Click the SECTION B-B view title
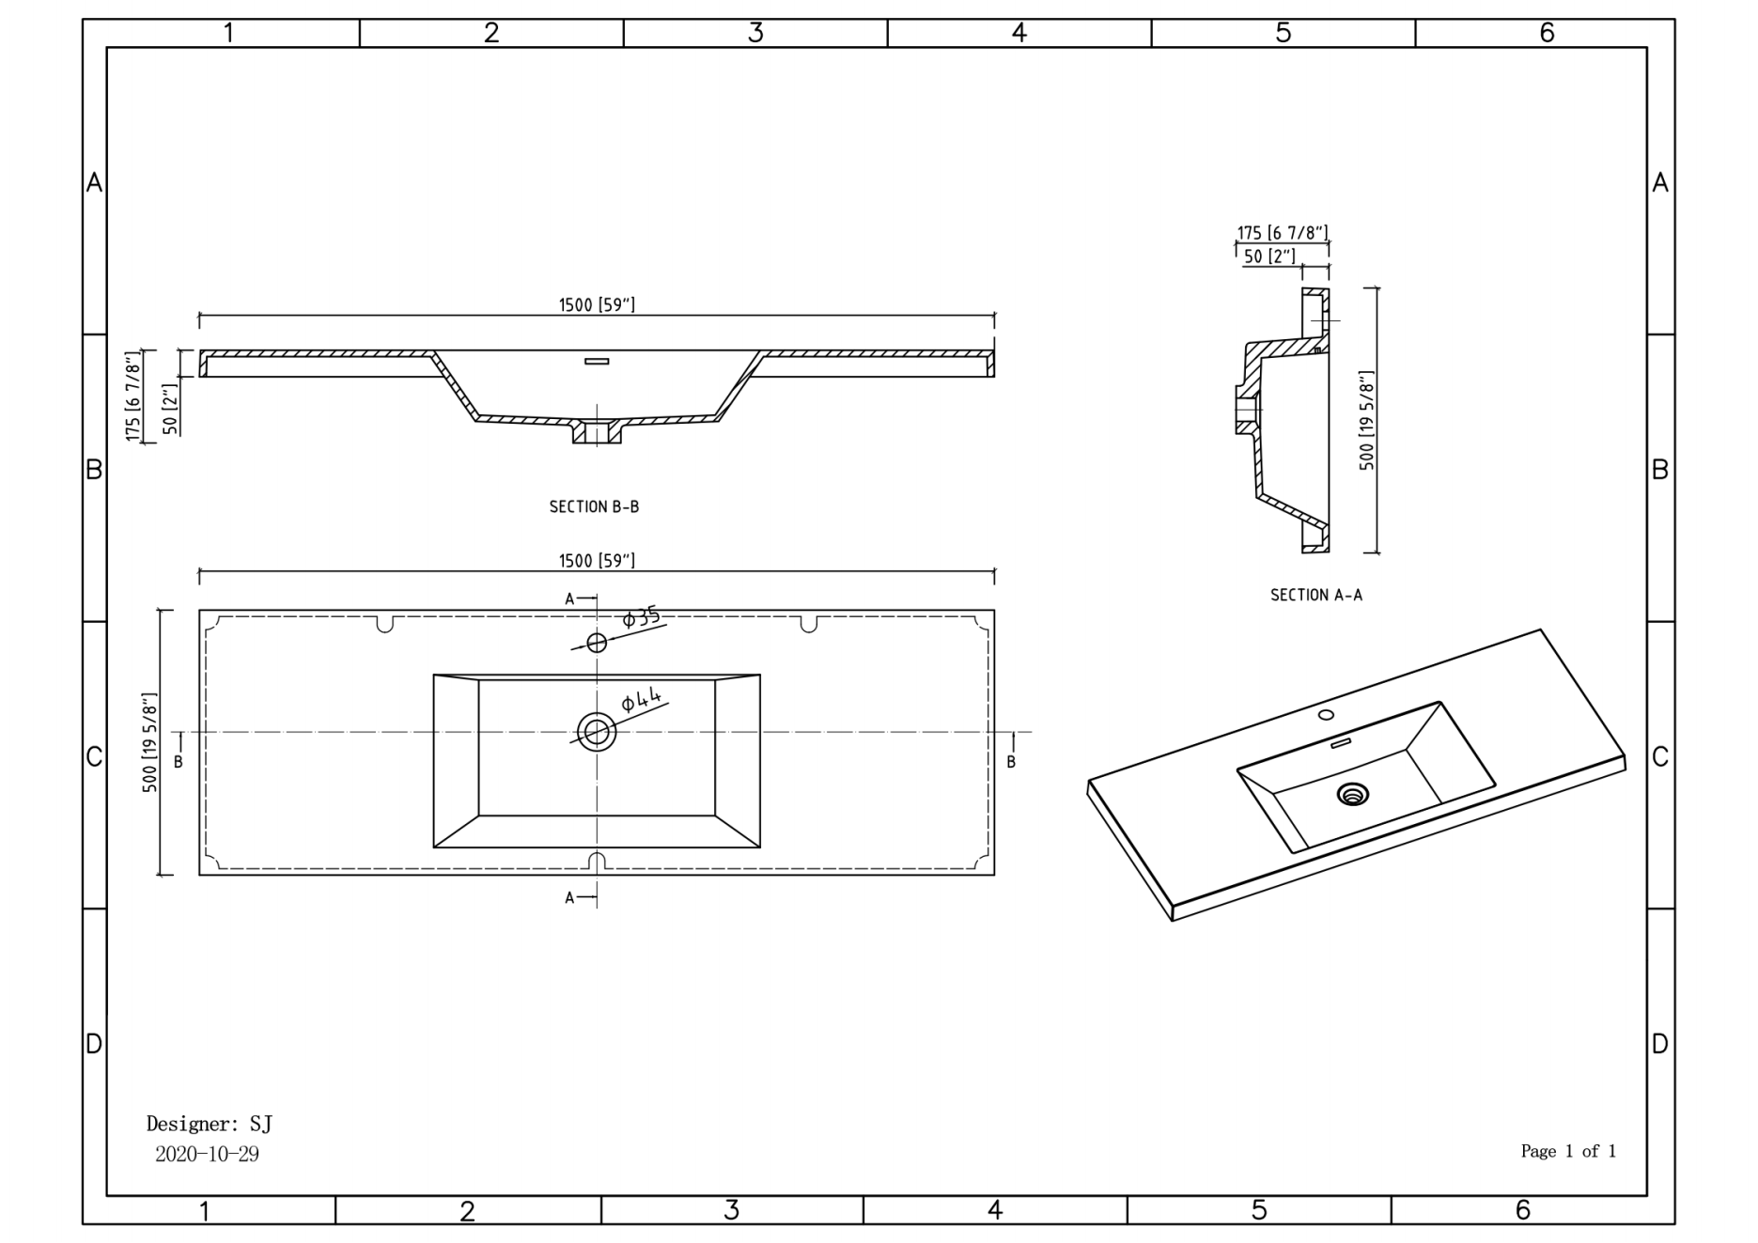click(594, 506)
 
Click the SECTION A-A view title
click(1315, 595)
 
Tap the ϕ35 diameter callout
click(642, 617)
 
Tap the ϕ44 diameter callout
click(642, 700)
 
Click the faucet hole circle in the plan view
click(597, 643)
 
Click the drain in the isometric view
click(1353, 795)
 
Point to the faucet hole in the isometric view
click(1326, 715)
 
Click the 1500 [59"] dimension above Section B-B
click(597, 304)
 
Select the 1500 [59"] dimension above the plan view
click(597, 561)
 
